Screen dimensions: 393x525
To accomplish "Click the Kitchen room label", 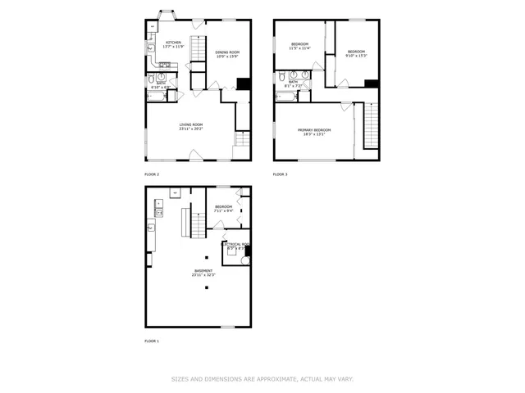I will (173, 44).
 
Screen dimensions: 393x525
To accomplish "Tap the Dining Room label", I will (227, 54).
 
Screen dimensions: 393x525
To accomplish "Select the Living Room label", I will (191, 126).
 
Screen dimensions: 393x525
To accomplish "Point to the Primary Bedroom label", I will (313, 132).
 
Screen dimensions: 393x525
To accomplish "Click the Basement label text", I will (203, 272).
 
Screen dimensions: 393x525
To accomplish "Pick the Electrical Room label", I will (235, 245).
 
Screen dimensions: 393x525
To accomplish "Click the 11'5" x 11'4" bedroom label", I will (299, 46).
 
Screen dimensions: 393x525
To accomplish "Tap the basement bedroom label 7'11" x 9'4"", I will (223, 208).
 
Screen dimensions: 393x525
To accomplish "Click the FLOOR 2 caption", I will (152, 174).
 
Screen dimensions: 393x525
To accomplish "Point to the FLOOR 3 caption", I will (281, 174).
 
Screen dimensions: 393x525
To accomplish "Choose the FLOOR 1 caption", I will (152, 341).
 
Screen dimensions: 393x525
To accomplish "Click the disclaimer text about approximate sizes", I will (262, 379).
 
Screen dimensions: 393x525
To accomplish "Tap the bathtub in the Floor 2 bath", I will (157, 95).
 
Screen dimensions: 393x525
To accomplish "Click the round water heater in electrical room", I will (245, 260).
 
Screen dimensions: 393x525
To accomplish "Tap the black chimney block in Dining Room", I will (243, 83).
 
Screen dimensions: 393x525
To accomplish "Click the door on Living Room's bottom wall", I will (196, 155).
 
